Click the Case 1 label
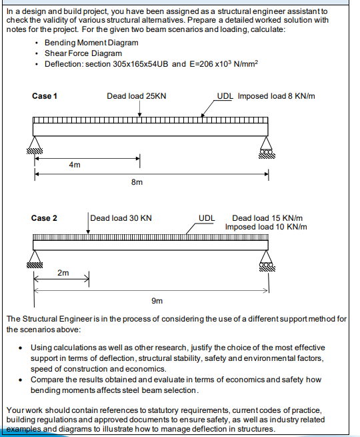coord(45,96)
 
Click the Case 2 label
coord(45,218)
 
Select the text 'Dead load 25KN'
coord(136,96)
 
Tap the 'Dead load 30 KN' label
coord(121,218)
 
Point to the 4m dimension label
coord(75,165)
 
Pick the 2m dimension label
coord(63,273)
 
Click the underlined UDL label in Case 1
coord(225,96)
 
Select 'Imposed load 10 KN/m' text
coord(266,227)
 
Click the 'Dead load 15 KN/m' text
coord(267,218)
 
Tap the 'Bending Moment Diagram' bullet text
coord(91,43)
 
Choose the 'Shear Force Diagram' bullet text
coord(83,53)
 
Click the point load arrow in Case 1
coord(139,111)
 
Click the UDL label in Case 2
coord(207,218)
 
